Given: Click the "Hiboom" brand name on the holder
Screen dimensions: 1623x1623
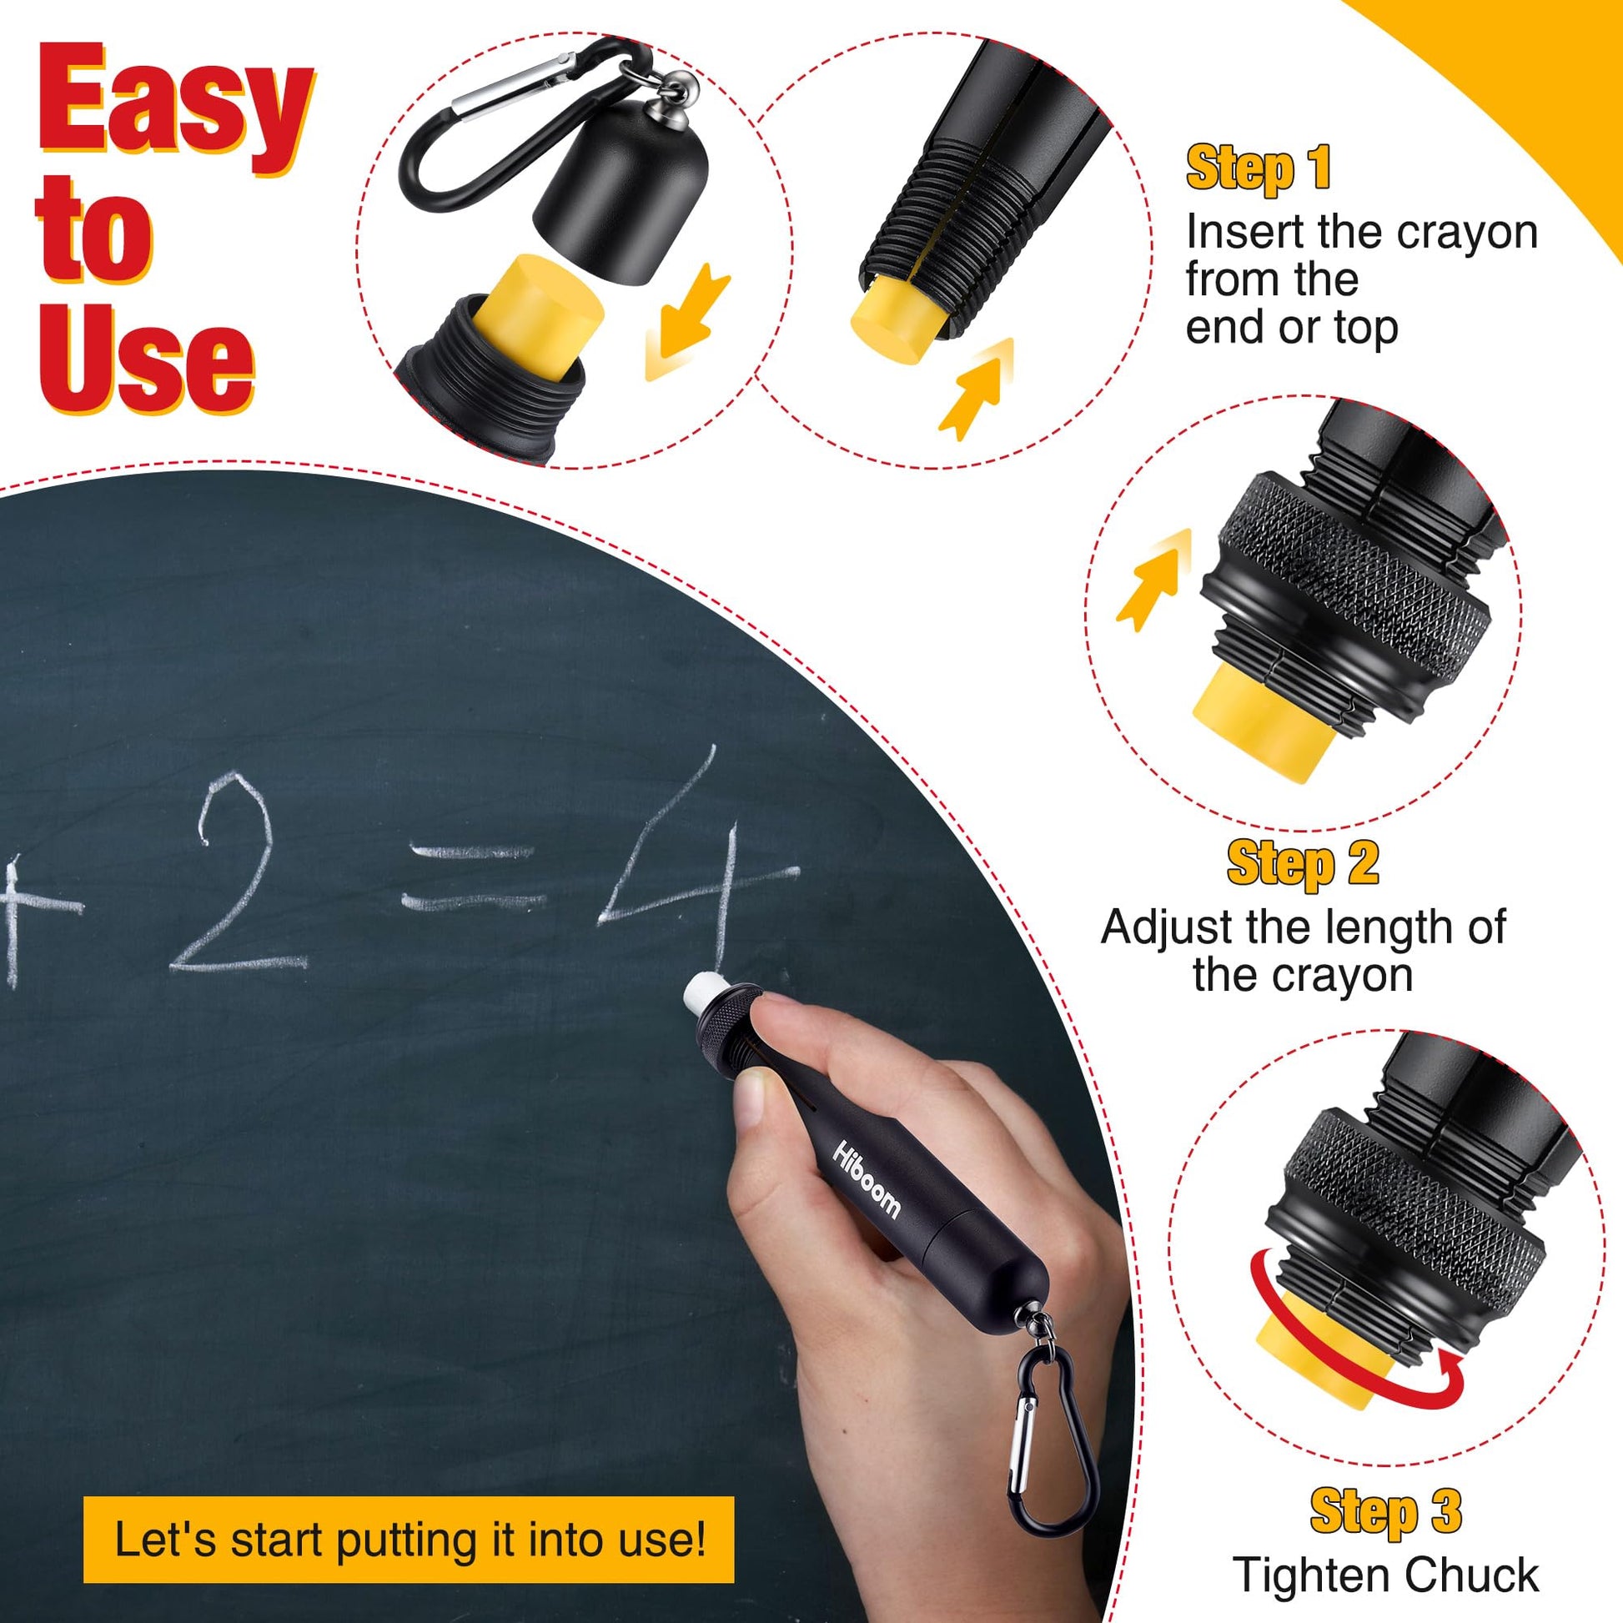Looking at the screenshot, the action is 866,1177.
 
